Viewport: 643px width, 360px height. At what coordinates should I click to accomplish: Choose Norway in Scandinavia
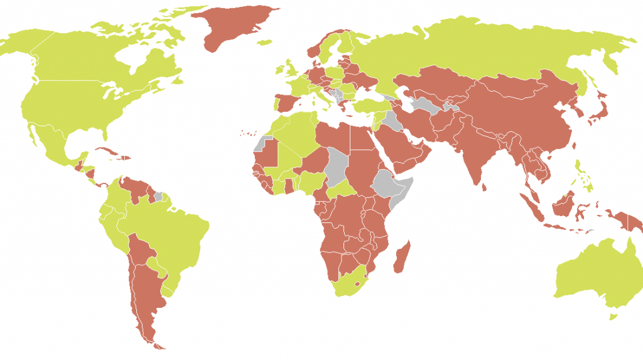coord(317,47)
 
